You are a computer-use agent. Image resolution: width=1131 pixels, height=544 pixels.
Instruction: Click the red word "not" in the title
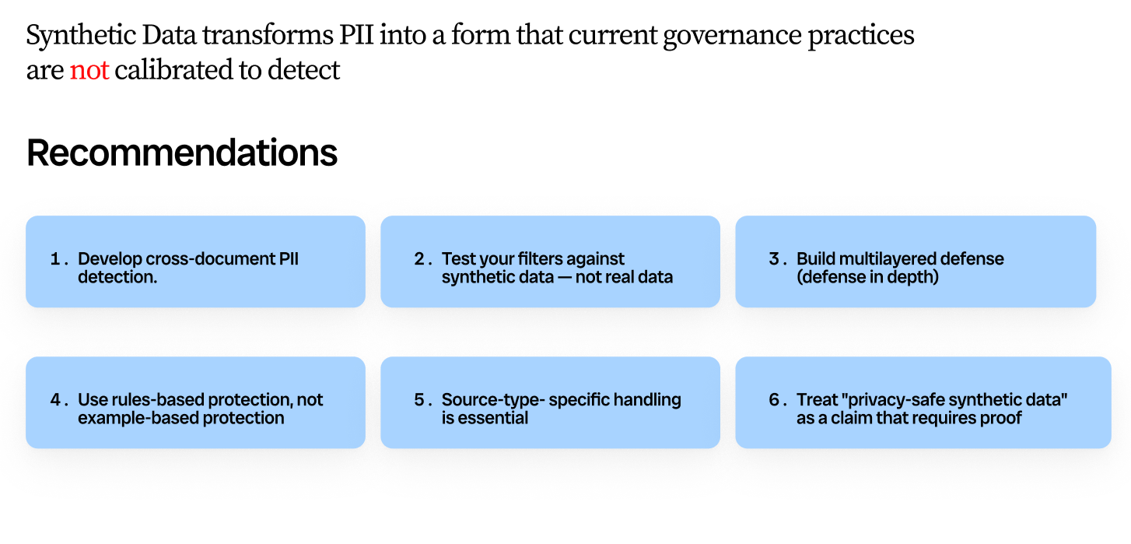89,70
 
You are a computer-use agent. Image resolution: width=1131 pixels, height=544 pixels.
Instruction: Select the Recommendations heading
182,153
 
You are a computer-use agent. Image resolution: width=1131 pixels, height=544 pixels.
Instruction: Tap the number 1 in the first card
55,259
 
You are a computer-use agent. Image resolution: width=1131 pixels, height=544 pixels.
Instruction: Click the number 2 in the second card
419,259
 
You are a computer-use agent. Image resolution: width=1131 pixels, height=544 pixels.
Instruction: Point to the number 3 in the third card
775,259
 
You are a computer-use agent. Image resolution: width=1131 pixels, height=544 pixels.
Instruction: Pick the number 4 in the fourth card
55,400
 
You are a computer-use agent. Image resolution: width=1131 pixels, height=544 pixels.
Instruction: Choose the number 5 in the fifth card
419,400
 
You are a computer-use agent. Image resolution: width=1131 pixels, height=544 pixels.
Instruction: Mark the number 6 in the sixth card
775,400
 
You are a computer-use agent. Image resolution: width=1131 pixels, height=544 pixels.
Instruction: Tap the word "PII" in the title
356,35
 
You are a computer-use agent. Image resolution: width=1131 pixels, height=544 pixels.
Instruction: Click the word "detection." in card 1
117,277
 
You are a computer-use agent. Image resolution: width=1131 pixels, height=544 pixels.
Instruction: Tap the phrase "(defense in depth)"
867,278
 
